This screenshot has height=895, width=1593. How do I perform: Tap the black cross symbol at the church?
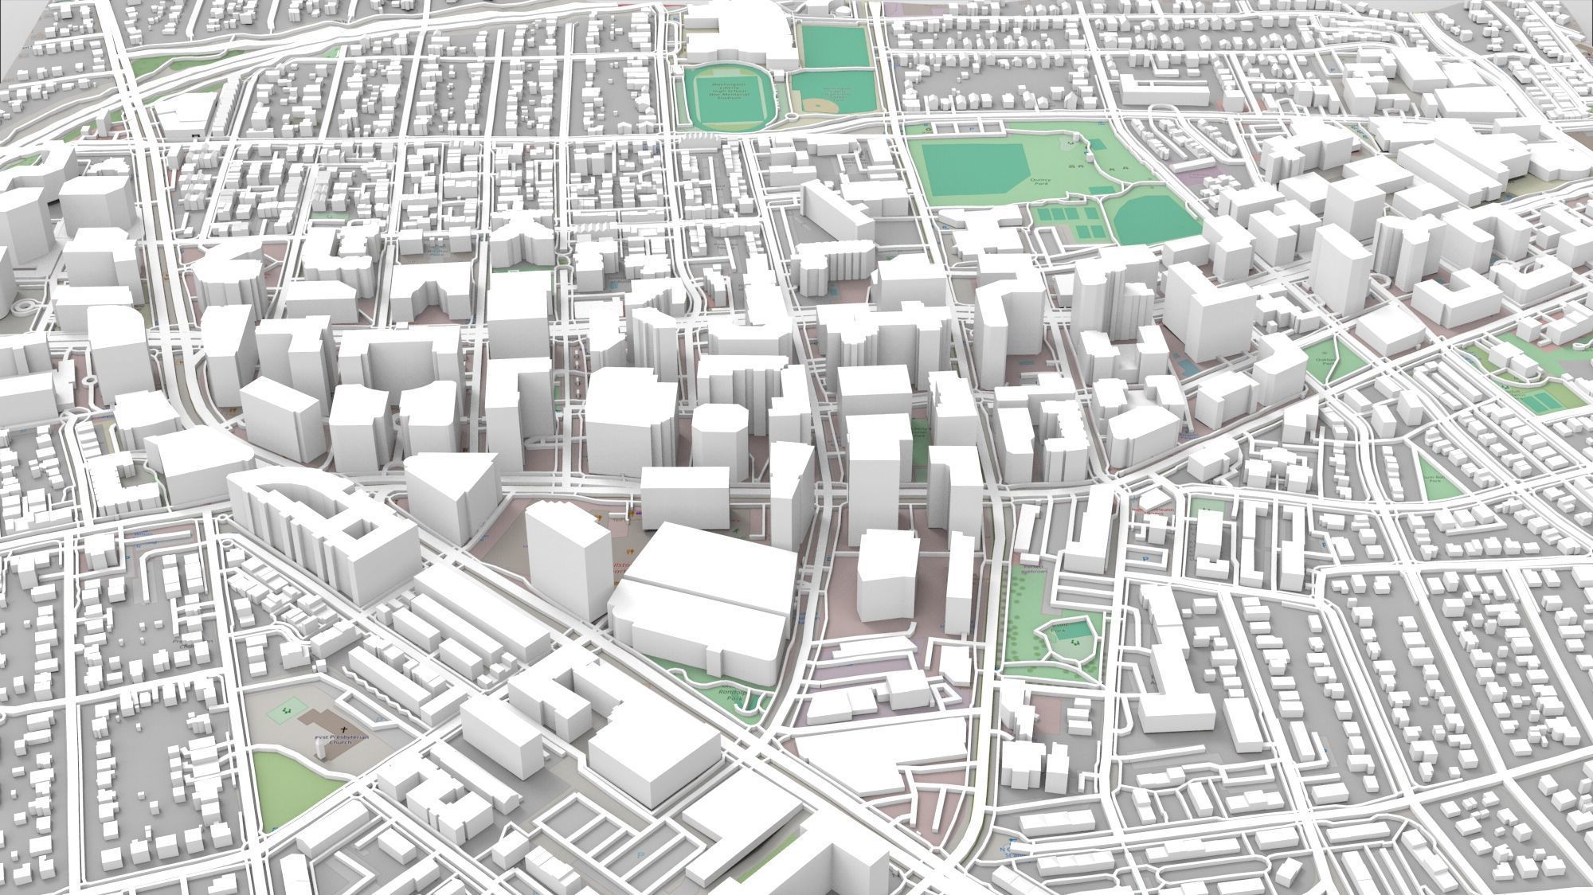[344, 729]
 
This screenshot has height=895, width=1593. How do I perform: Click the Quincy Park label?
[1040, 182]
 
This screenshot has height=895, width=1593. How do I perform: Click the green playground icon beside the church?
[286, 706]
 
